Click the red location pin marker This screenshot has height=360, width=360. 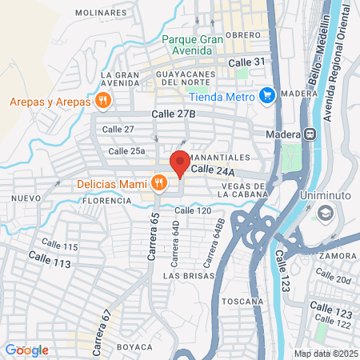(x=180, y=162)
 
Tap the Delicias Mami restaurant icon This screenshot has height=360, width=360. (x=160, y=183)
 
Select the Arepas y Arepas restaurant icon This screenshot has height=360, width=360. (x=102, y=101)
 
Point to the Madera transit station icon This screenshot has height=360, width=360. (x=308, y=134)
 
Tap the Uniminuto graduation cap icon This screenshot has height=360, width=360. (x=325, y=214)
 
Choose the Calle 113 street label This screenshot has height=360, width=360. (x=50, y=259)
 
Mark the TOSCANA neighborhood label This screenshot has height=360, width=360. (x=244, y=301)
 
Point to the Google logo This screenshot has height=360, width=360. (x=26, y=350)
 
